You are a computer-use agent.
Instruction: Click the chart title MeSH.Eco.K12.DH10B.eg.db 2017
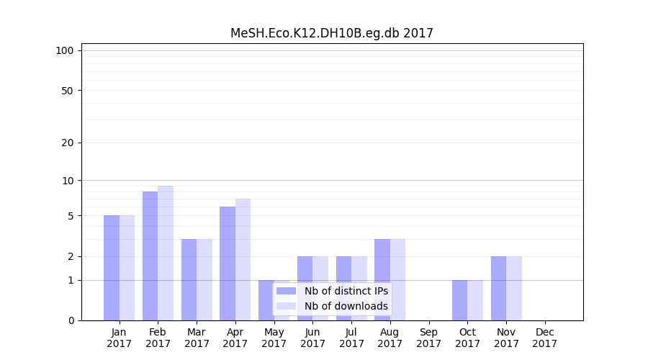coord(332,33)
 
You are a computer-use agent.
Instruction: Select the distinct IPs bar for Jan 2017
coord(112,268)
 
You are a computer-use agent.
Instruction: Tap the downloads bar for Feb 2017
coord(166,253)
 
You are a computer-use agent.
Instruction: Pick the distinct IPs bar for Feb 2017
coord(150,256)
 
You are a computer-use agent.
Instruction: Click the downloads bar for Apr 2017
coord(243,259)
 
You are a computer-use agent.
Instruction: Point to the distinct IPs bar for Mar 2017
coord(189,279)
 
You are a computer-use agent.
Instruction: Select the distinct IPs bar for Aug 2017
coord(382,279)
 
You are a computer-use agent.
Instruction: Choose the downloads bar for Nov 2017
coord(514,288)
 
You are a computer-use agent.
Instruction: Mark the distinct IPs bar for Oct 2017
coord(459,300)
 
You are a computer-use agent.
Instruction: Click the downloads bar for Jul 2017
coord(359,288)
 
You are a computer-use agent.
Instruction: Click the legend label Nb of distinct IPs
coord(346,291)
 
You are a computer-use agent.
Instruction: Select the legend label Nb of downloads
coord(346,306)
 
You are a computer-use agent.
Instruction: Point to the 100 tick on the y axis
coord(65,50)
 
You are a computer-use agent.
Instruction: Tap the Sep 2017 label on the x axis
coord(428,338)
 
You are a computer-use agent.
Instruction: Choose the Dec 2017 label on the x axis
coord(544,338)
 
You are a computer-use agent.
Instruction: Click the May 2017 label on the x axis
coord(274,338)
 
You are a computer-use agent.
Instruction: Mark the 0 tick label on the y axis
coord(71,320)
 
